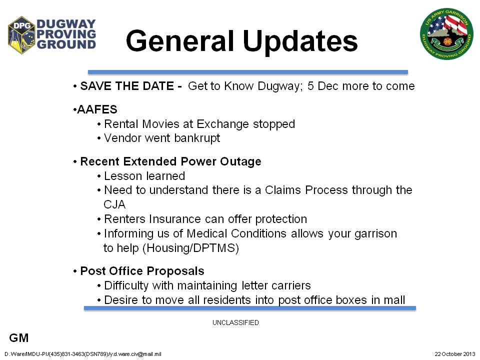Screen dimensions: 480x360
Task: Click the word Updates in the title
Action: (300, 41)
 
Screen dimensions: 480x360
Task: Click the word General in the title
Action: (180, 40)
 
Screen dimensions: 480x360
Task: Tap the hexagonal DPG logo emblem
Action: (21, 35)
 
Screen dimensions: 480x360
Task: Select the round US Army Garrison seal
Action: (446, 33)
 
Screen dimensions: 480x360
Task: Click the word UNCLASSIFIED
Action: (235, 322)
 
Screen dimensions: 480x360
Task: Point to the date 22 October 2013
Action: (455, 354)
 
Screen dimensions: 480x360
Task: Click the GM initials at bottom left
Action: (19, 338)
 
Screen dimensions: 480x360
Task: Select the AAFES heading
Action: (97, 109)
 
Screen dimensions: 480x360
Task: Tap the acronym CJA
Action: (114, 204)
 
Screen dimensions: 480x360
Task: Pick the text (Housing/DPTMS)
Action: (190, 248)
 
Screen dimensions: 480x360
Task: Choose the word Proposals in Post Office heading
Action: (175, 271)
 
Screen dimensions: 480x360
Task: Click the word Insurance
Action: (175, 219)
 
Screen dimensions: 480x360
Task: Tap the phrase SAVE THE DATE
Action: (127, 86)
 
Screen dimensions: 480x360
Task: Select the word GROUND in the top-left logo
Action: (66, 44)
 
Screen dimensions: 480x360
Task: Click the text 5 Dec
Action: (322, 86)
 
